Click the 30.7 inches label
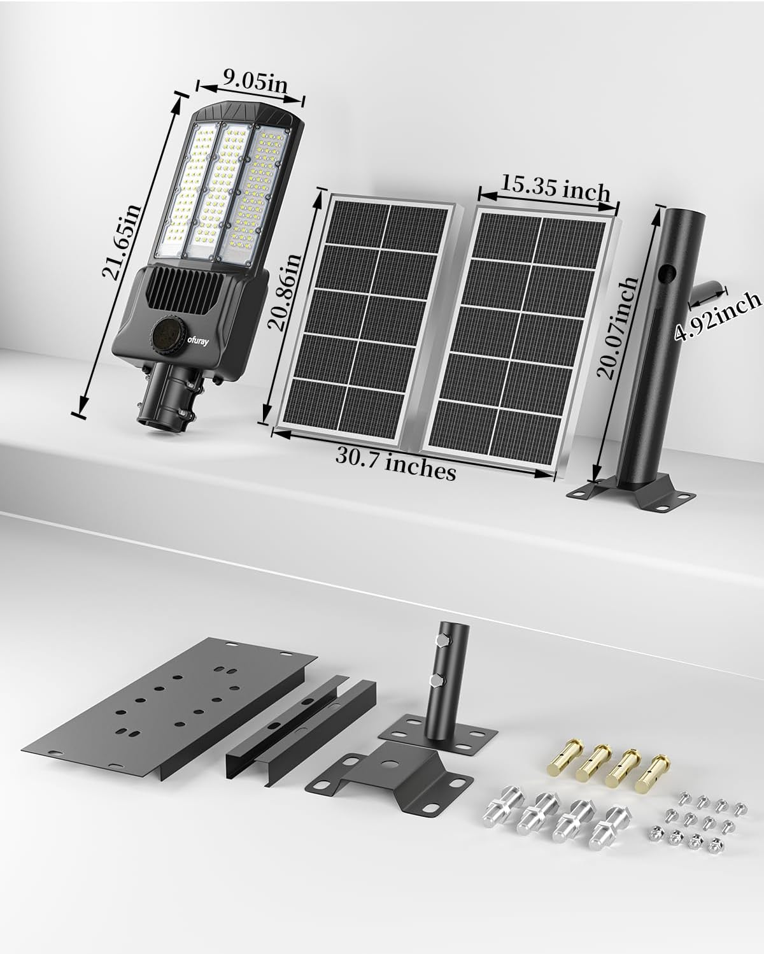click(397, 463)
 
